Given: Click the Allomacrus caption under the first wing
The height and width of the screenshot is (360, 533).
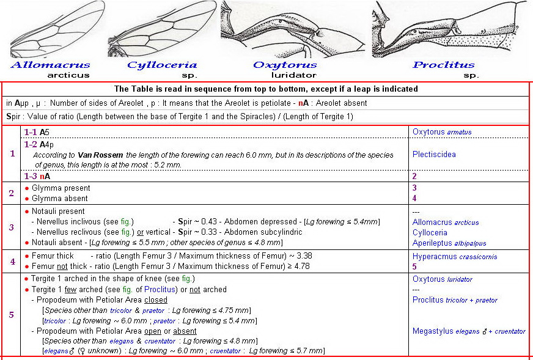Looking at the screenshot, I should coord(50,65).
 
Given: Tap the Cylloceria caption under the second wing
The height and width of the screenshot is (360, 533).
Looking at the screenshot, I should coord(162,65).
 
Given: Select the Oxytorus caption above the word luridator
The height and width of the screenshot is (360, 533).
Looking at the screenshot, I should coord(285,65).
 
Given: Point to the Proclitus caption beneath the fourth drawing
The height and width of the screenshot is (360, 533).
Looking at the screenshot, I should coord(444,65).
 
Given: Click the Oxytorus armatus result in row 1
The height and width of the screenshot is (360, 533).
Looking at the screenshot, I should coord(442,131).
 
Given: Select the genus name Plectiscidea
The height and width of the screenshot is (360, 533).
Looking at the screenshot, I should coord(434,155).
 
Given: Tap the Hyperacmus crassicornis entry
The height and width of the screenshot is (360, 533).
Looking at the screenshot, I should coord(455,257).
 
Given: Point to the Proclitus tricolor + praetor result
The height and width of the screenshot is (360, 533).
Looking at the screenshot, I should coord(455,300).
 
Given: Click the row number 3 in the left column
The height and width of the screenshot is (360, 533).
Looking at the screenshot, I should coord(12,227).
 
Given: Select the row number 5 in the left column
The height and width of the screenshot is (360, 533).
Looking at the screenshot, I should coord(12,315).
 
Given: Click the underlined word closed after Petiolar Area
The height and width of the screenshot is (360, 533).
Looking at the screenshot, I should coord(156,300).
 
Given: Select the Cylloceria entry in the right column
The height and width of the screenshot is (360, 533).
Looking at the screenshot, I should coord(430,232).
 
